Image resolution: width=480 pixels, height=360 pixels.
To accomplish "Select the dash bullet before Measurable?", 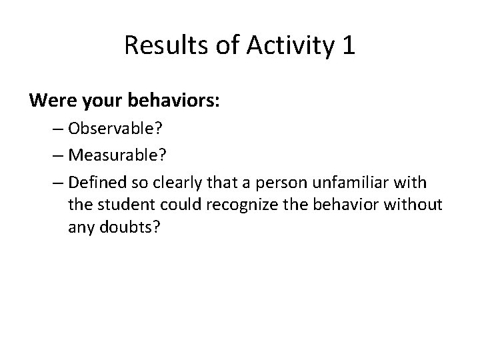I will pos(56,157).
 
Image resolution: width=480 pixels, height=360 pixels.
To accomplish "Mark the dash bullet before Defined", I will pos(56,182).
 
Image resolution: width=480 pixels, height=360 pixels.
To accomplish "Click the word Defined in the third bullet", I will pos(91,182).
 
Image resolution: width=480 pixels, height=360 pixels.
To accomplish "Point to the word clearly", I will pos(159,182).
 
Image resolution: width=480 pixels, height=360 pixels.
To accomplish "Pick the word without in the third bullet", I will pos(416,205).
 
